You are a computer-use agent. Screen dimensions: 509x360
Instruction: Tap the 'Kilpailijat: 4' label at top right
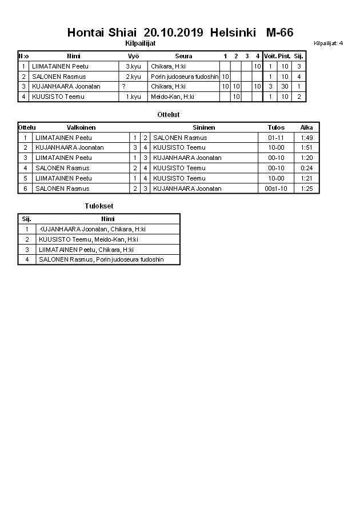(329, 43)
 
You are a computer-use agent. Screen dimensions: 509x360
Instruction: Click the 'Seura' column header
(183, 56)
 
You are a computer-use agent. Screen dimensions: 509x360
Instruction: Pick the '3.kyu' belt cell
(133, 66)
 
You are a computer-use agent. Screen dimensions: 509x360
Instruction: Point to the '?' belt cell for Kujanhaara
(123, 86)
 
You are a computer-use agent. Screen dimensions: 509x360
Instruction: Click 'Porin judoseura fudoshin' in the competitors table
(185, 77)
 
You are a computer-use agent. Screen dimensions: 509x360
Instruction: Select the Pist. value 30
(284, 86)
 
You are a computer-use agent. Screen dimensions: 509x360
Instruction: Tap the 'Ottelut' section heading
(168, 115)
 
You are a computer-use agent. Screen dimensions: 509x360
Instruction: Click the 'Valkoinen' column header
(81, 127)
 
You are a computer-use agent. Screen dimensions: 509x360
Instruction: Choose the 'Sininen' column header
(203, 127)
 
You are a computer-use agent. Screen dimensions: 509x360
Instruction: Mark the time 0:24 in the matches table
(307, 168)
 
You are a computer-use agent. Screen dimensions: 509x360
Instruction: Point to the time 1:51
(307, 147)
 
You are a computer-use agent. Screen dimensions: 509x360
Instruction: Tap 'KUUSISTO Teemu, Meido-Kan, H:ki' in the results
(88, 239)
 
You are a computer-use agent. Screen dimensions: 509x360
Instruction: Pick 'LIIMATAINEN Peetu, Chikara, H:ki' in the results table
(86, 250)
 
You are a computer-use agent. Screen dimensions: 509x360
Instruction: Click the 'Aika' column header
(307, 127)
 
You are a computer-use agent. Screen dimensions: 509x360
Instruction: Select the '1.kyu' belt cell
(133, 97)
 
